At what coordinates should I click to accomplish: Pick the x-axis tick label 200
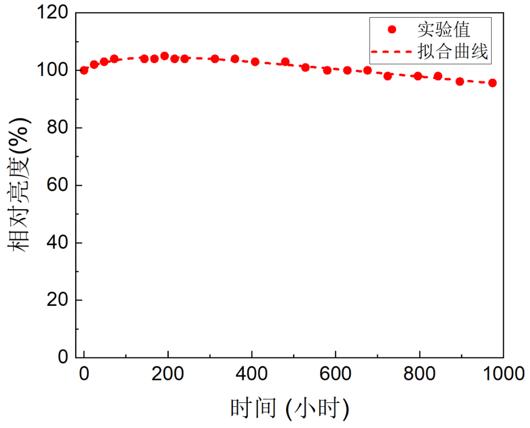[x=168, y=374]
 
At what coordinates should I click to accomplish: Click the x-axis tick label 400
[x=251, y=374]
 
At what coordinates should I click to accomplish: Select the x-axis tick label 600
[x=335, y=374]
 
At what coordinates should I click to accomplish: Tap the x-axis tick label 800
[x=419, y=374]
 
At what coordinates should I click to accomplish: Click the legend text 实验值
[x=444, y=29]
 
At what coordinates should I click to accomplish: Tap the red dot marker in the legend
[x=392, y=29]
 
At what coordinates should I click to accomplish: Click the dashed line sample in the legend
[x=391, y=51]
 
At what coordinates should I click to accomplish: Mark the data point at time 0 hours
[x=84, y=70]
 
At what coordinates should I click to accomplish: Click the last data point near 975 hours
[x=492, y=83]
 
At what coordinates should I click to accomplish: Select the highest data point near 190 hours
[x=164, y=56]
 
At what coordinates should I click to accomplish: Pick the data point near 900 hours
[x=460, y=81]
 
